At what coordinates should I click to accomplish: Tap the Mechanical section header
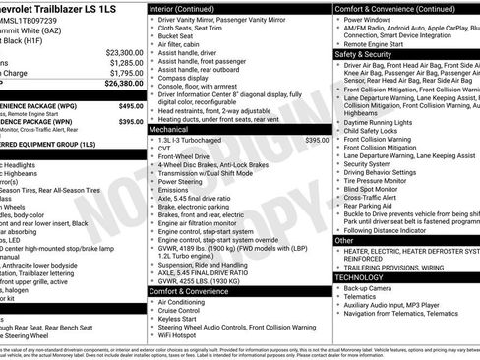tap(170, 129)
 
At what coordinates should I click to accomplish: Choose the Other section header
tap(345, 240)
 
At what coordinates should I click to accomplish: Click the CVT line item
tap(165, 149)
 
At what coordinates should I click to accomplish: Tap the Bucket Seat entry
tap(178, 35)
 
